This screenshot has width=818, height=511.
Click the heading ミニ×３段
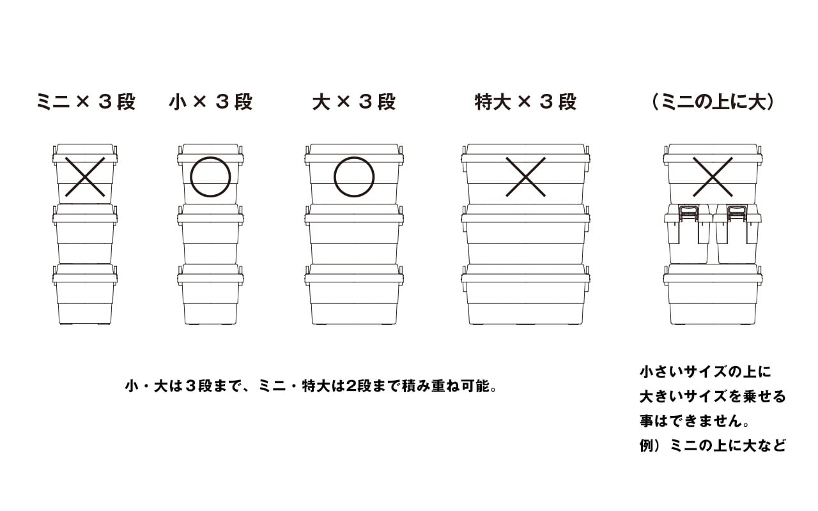pyautogui.click(x=86, y=102)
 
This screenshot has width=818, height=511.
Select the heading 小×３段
pyautogui.click(x=211, y=102)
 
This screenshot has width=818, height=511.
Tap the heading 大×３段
pyautogui.click(x=354, y=102)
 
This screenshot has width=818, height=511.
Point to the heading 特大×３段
pyautogui.click(x=525, y=102)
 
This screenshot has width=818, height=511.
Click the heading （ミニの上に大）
pyautogui.click(x=713, y=102)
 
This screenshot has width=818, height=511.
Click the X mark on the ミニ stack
pyautogui.click(x=85, y=177)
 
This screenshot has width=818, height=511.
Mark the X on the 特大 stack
pyautogui.click(x=525, y=177)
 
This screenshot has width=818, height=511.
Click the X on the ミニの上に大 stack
pyautogui.click(x=713, y=177)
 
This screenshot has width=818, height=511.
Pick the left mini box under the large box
pyautogui.click(x=688, y=234)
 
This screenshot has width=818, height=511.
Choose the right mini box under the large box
pyautogui.click(x=737, y=234)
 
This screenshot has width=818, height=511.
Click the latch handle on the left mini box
pyautogui.click(x=688, y=214)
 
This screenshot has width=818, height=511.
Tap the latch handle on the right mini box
pyautogui.click(x=737, y=214)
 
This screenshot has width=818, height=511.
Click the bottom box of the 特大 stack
pyautogui.click(x=525, y=294)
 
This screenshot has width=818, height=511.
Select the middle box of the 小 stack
pyautogui.click(x=211, y=234)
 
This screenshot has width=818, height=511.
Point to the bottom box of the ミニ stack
pyautogui.click(x=85, y=294)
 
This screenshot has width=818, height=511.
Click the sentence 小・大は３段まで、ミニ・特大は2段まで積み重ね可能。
pyautogui.click(x=311, y=386)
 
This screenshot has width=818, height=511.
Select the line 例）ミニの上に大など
pyautogui.click(x=713, y=445)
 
